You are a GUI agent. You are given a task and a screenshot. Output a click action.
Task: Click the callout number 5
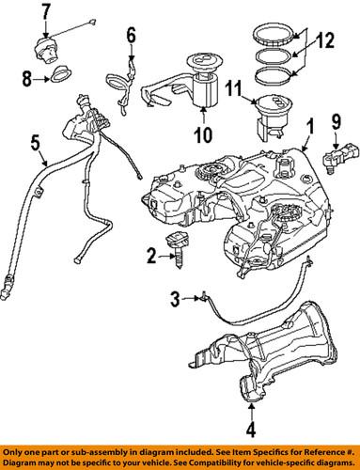pos(34,144)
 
